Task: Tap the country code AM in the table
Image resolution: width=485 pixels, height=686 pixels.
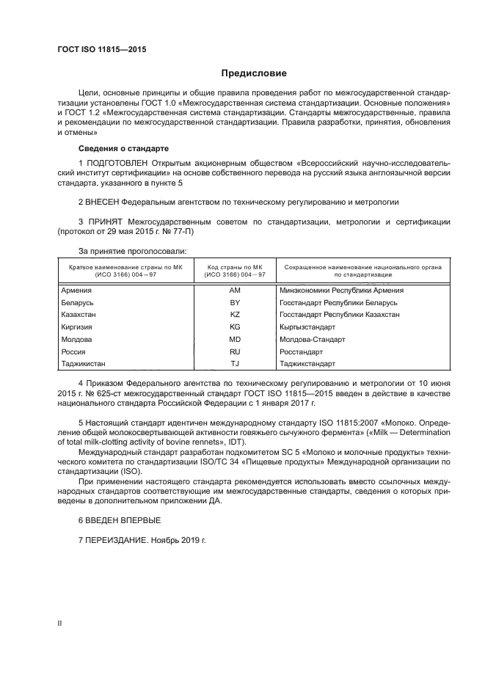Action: pyautogui.click(x=235, y=291)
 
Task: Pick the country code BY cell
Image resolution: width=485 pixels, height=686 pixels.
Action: pyautogui.click(x=235, y=302)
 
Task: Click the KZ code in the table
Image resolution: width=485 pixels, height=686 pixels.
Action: pyautogui.click(x=235, y=314)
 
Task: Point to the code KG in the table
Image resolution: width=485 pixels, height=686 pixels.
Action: pyautogui.click(x=235, y=326)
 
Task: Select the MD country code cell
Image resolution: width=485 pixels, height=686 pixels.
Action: pyautogui.click(x=235, y=339)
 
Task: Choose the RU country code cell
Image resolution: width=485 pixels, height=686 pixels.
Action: pyautogui.click(x=235, y=351)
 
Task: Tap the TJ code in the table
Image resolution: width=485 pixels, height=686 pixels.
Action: pyautogui.click(x=235, y=363)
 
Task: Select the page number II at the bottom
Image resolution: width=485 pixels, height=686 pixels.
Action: pyautogui.click(x=60, y=623)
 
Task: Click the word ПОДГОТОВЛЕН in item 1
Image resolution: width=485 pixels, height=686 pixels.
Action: pyautogui.click(x=117, y=161)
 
